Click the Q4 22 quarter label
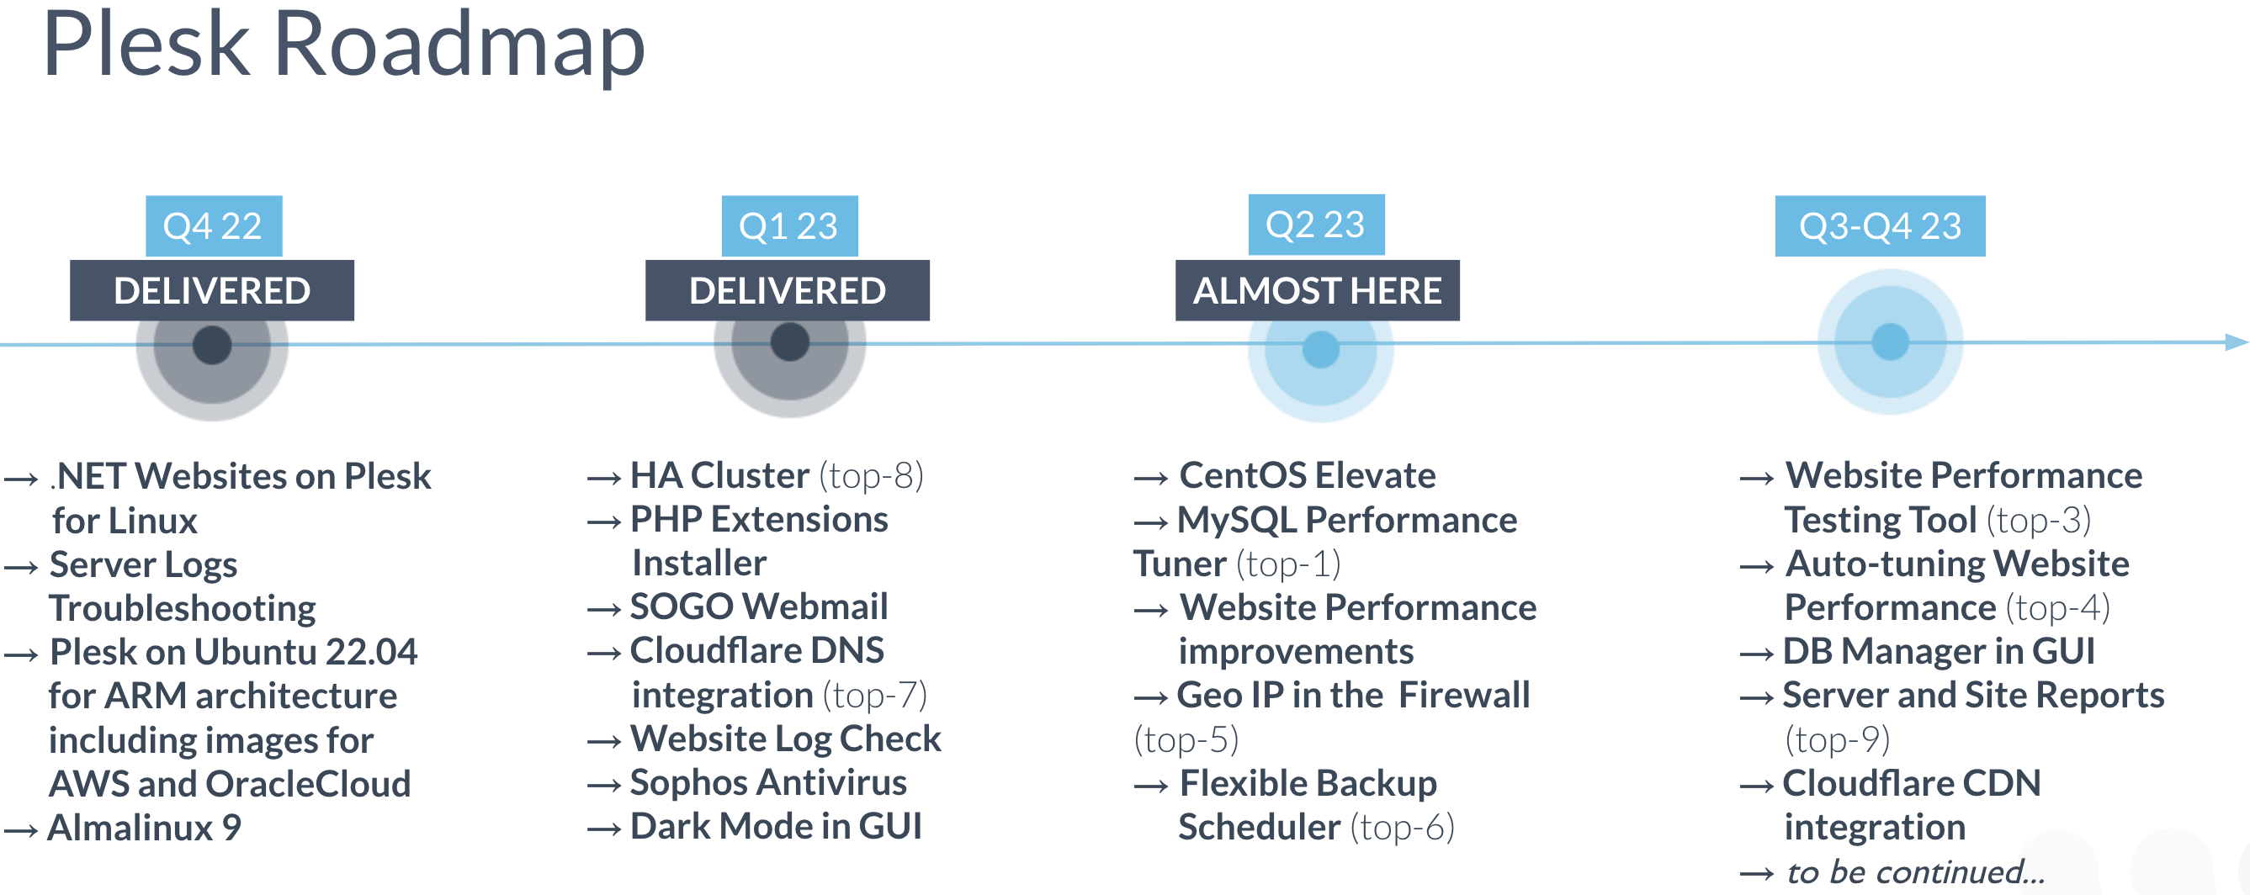click(x=213, y=226)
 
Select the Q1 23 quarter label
click(x=789, y=226)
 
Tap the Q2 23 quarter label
click(x=1316, y=225)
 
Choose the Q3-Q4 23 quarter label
click(x=1880, y=226)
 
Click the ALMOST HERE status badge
click(x=1317, y=290)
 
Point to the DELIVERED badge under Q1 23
click(x=787, y=290)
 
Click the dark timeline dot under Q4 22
click(x=212, y=346)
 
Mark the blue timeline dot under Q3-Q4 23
click(x=1890, y=342)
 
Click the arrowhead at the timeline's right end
click(x=2237, y=342)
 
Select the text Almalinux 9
click(x=144, y=828)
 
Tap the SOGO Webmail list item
click(x=759, y=606)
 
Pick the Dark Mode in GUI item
click(x=776, y=826)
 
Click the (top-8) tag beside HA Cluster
click(x=871, y=476)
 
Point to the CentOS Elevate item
click(x=1308, y=476)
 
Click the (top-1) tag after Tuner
click(x=1288, y=564)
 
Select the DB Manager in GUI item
click(x=1938, y=651)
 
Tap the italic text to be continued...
click(x=1915, y=872)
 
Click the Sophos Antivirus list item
click(x=768, y=782)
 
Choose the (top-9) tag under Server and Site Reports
click(x=1837, y=739)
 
